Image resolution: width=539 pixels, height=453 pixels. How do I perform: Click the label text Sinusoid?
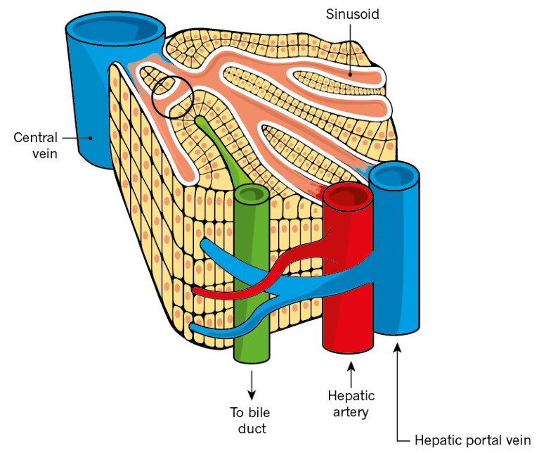click(x=352, y=14)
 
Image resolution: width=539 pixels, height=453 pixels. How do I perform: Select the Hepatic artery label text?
click(x=349, y=404)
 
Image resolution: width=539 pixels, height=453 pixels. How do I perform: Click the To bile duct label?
click(x=250, y=419)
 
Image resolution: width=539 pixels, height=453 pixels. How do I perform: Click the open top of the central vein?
click(x=116, y=30)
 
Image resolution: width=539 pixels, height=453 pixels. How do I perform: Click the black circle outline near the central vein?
click(x=171, y=97)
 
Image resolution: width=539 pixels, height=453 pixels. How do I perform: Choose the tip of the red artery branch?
click(x=196, y=291)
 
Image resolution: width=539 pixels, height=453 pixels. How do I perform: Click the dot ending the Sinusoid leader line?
click(x=351, y=73)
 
